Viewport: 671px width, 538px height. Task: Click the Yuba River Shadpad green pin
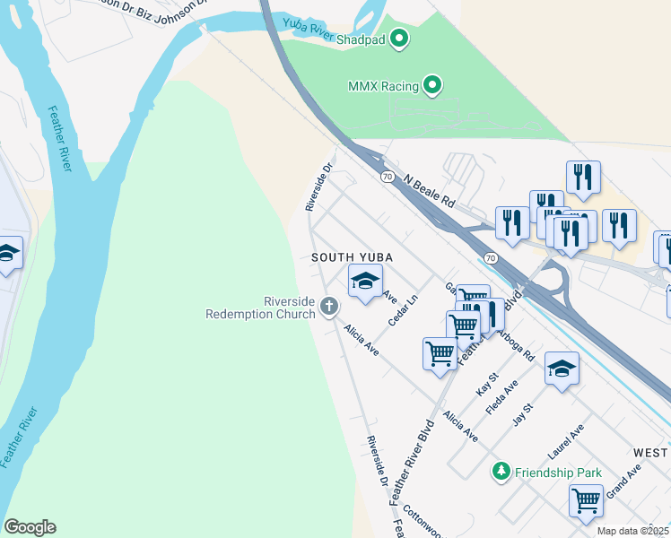pos(400,39)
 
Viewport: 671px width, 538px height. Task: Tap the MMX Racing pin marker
pos(433,86)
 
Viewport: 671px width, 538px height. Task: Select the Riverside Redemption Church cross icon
pos(329,308)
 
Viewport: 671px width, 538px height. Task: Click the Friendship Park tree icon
pos(500,471)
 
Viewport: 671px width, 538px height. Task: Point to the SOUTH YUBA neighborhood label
pos(353,257)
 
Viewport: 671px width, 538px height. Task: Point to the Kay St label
pos(486,386)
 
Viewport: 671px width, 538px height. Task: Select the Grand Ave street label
pos(623,480)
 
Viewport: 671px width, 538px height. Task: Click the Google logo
pos(30,527)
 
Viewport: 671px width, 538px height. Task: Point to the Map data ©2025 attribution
pos(632,531)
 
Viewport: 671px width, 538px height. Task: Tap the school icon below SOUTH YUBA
pos(365,282)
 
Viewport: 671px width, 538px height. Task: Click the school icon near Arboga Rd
pos(562,369)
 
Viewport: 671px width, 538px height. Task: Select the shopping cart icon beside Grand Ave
pos(586,500)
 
